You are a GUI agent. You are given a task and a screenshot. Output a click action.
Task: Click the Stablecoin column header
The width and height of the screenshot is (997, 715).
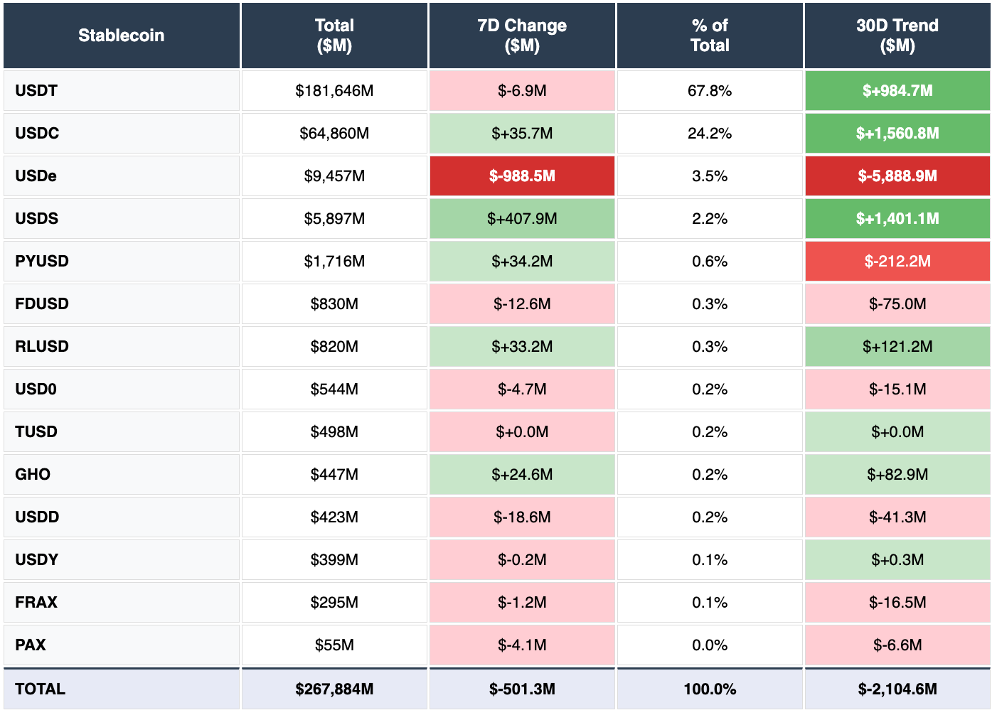point(121,36)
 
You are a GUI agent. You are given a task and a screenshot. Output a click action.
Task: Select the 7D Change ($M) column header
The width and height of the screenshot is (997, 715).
point(522,36)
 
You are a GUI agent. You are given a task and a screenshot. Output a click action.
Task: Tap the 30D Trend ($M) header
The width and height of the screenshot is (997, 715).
point(897,36)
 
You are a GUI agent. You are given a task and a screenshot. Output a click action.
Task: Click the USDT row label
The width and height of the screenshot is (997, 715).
point(37,91)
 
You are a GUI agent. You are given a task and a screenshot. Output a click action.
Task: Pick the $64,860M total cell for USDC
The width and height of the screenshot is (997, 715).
point(334,134)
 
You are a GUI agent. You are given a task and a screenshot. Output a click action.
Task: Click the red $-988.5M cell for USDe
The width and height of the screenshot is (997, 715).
point(522,176)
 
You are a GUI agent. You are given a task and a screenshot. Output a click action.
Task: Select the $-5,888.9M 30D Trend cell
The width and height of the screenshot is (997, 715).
point(897,176)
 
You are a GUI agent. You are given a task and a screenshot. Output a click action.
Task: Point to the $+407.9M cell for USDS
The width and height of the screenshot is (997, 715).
point(522,219)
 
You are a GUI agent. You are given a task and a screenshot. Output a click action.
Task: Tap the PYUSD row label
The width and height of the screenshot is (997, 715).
point(42,262)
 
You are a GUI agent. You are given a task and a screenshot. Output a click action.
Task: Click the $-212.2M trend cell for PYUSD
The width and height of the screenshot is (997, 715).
point(897,262)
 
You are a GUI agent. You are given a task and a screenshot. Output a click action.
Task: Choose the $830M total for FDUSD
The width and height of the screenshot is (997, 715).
point(334,304)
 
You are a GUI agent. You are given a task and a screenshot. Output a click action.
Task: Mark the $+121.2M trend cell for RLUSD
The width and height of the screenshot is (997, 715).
point(897,347)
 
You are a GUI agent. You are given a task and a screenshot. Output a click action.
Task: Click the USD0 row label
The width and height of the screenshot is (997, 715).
point(36,389)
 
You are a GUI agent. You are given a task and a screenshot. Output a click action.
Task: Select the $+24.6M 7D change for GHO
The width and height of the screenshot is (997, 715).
point(522,475)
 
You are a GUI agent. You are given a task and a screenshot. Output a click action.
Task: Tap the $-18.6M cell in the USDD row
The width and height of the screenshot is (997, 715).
point(522,517)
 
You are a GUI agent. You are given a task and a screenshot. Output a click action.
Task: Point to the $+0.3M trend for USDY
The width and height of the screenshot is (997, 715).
point(897,560)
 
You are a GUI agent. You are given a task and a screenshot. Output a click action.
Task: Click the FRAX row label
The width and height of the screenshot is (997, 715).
point(36,603)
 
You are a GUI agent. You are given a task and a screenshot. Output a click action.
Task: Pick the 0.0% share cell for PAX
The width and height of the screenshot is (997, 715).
point(710,645)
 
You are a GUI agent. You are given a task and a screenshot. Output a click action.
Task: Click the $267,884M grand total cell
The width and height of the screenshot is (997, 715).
point(334,689)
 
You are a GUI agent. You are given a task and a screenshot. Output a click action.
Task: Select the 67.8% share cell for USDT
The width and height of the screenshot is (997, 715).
point(710,91)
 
